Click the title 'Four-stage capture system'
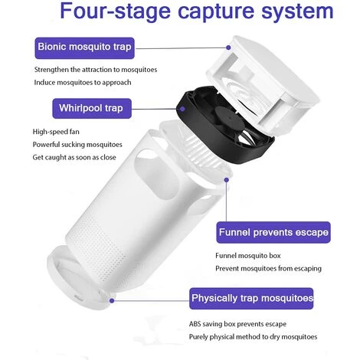click(197, 11)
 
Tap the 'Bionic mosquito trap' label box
click(84, 48)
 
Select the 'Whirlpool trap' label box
click(92, 109)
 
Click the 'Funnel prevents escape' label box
click(273, 232)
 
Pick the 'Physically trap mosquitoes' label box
click(251, 299)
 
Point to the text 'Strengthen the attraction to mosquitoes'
click(96, 70)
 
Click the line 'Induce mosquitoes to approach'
click(83, 83)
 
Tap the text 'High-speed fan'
click(56, 132)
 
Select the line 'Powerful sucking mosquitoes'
click(77, 145)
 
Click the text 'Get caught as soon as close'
click(74, 157)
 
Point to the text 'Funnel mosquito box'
click(248, 256)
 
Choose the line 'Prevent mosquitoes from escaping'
click(268, 269)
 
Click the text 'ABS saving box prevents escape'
click(237, 324)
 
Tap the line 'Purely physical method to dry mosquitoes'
click(253, 337)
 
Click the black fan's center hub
click(229, 118)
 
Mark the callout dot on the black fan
click(182, 109)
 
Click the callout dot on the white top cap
click(228, 47)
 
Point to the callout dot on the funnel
click(226, 180)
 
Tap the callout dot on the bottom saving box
click(112, 301)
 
